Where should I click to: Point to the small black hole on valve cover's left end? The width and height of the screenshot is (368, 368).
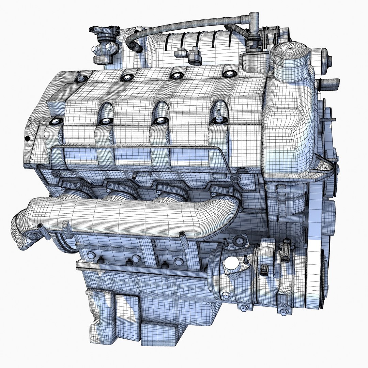27,139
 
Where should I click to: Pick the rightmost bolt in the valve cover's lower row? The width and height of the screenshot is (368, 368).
218,119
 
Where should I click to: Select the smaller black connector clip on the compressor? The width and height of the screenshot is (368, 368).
263,270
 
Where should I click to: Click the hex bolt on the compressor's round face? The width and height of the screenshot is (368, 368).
225,294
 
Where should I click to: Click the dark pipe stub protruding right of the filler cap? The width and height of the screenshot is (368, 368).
331,82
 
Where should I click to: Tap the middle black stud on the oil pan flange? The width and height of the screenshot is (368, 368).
129,262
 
